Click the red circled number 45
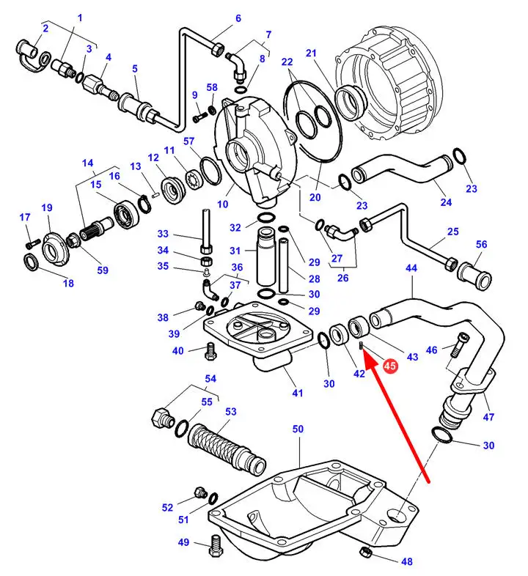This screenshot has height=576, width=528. [x=390, y=366]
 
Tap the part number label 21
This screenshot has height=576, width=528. [x=311, y=53]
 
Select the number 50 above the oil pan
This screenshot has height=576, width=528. [x=298, y=429]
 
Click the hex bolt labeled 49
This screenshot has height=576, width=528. [x=216, y=545]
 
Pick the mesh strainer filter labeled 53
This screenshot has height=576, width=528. [x=227, y=451]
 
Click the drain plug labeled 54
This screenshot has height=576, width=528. [x=163, y=418]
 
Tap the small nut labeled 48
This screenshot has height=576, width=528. [x=365, y=551]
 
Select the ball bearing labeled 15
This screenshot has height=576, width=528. [x=126, y=215]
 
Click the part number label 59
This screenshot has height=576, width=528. [x=103, y=270]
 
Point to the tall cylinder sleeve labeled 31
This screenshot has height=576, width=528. [x=265, y=256]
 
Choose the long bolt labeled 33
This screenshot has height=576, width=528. [x=206, y=231]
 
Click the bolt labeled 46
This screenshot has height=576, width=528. [x=459, y=344]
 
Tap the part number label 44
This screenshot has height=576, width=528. [x=411, y=267]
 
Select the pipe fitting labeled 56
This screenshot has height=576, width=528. [x=474, y=276]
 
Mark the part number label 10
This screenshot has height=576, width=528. [x=222, y=204]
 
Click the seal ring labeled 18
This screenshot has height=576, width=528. [x=31, y=262]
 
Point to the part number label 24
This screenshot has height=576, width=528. [x=446, y=202]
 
